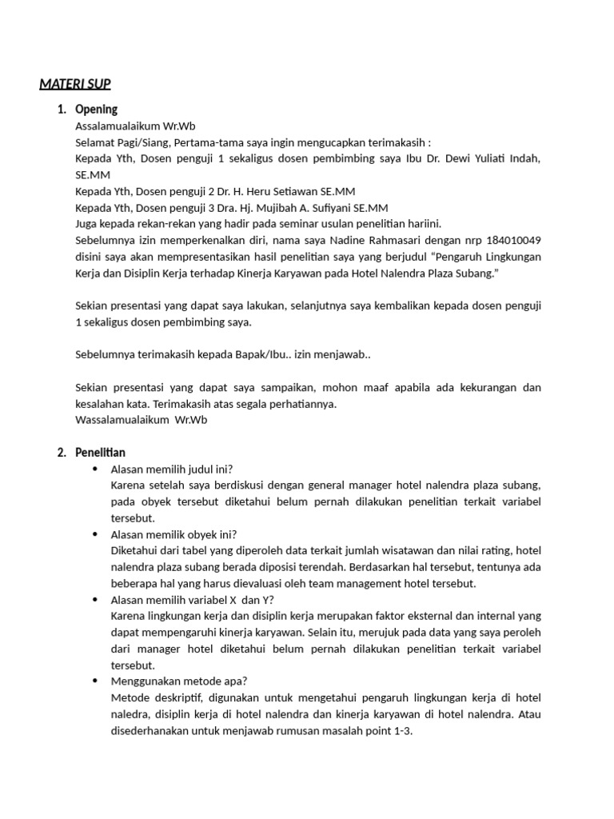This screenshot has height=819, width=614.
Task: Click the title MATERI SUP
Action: coord(76,83)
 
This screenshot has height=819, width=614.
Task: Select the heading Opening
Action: coord(96,110)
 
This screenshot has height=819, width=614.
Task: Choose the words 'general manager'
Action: coord(360,485)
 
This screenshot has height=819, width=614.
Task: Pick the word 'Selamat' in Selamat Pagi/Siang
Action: coord(95,142)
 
